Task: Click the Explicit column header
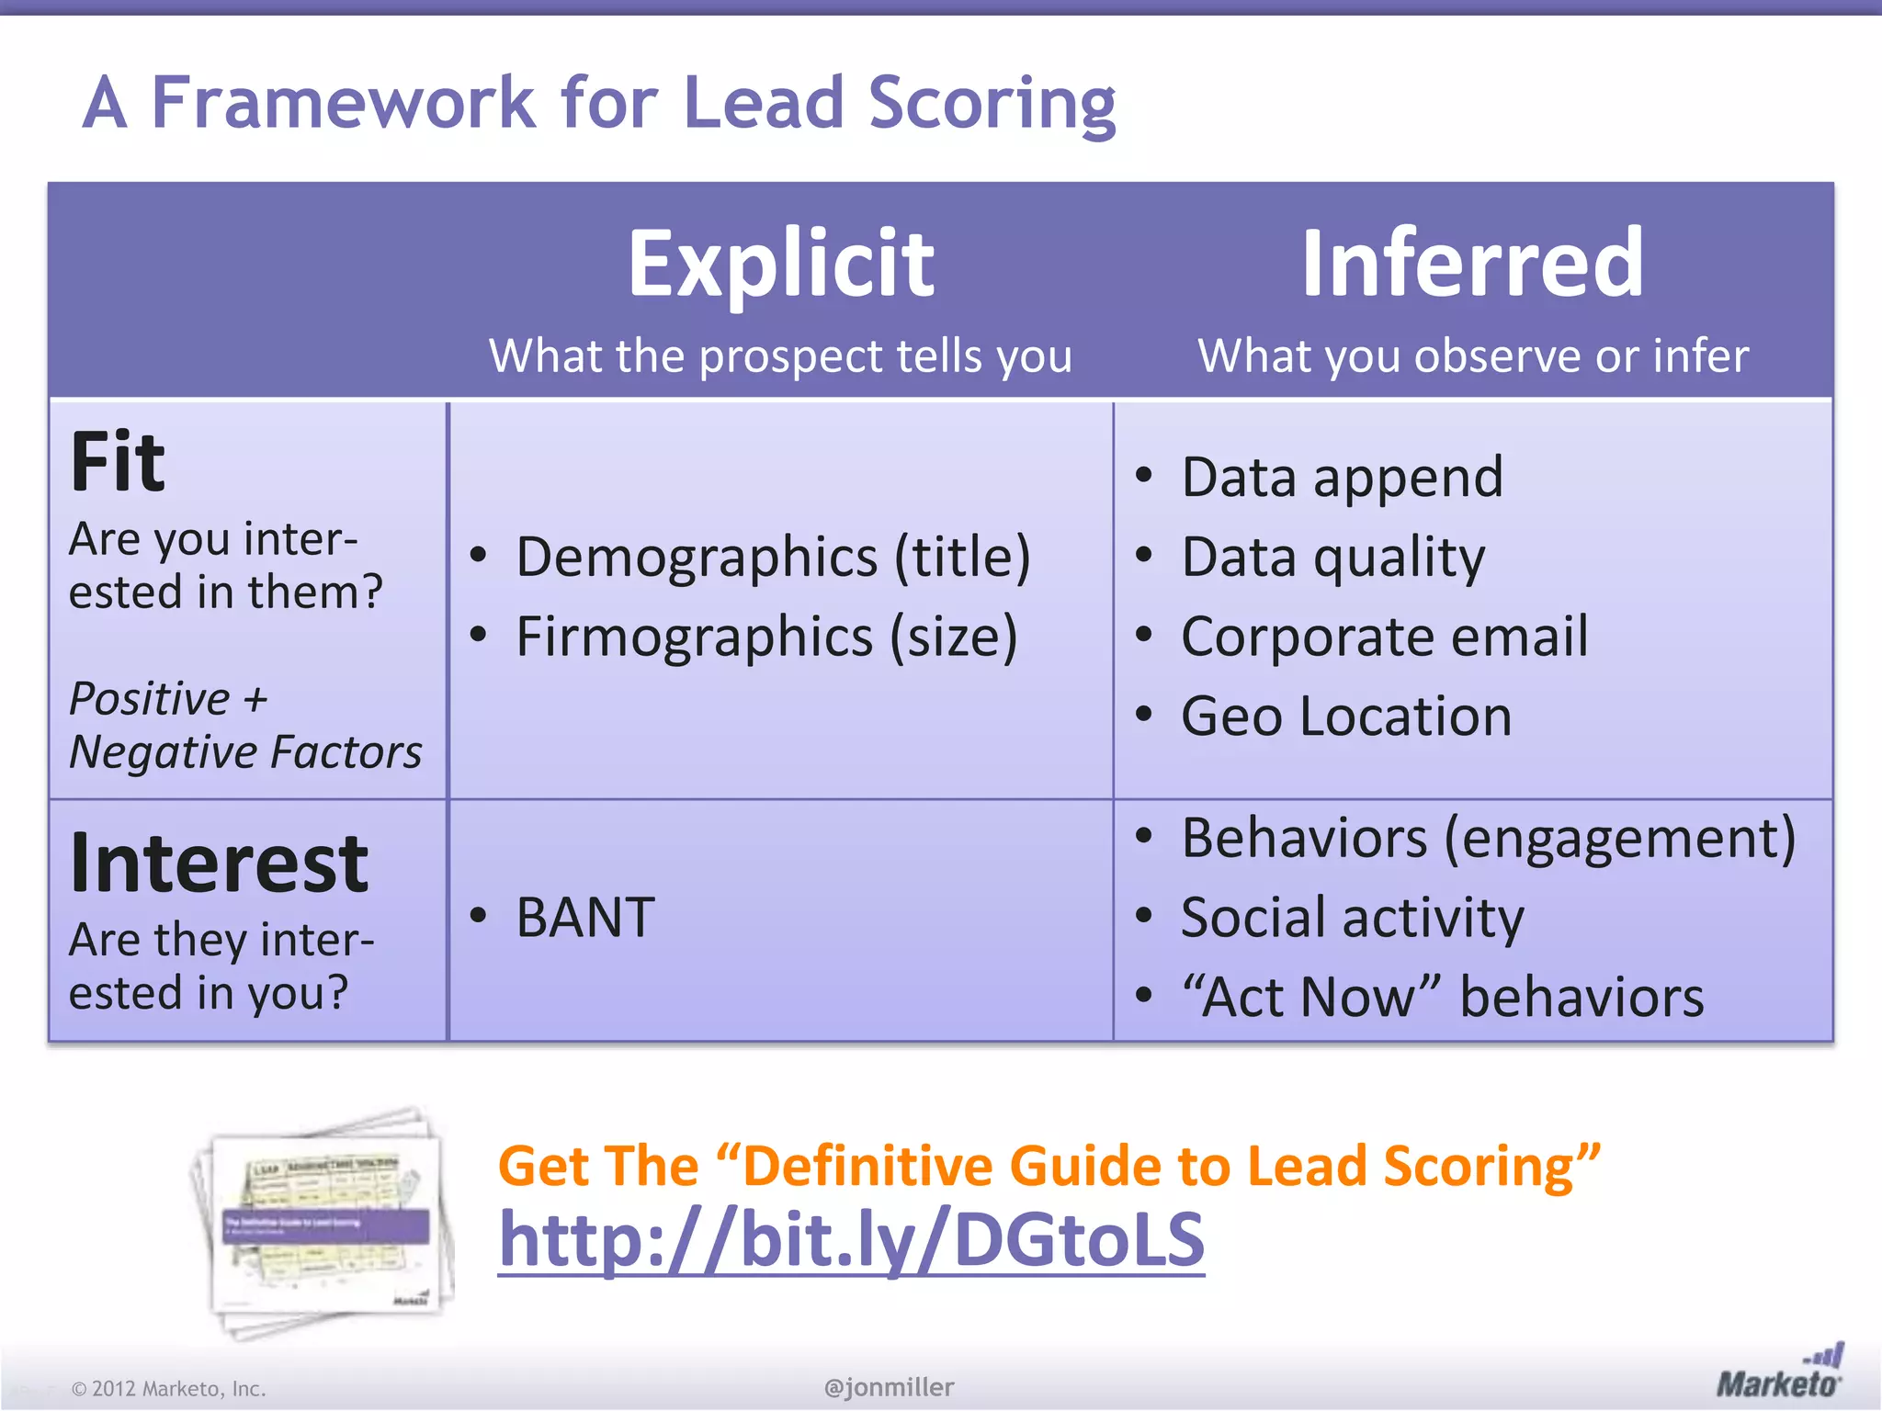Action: coord(781,265)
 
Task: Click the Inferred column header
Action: coord(1472,265)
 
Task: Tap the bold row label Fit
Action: coord(118,462)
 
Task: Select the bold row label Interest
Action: coord(219,863)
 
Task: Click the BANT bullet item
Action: coord(585,917)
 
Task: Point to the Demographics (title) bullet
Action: coord(772,557)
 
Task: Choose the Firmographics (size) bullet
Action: coord(766,637)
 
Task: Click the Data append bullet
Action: coord(1342,478)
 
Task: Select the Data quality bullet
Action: coord(1332,558)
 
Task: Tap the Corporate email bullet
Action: coord(1384,637)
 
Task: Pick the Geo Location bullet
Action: coord(1345,716)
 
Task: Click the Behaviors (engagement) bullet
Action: coord(1488,838)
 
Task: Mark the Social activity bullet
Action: coord(1352,918)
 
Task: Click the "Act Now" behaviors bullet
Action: coord(1442,997)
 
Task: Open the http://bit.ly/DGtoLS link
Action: coord(851,1240)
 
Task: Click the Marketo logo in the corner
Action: coord(1779,1374)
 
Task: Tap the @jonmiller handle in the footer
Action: coord(889,1387)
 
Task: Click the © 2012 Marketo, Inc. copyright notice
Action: coord(169,1389)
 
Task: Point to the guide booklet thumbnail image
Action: coord(323,1222)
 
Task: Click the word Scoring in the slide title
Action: coord(992,103)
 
